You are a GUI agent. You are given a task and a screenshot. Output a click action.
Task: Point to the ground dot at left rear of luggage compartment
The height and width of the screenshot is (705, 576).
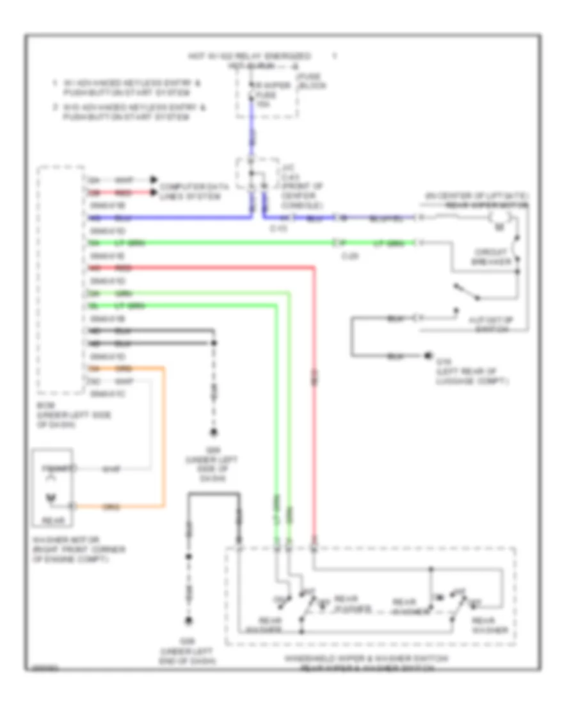point(427,355)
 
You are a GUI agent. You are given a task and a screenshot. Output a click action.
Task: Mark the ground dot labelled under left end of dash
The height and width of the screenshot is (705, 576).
point(189,620)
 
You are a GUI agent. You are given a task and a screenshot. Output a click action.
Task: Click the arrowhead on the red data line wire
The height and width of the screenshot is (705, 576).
point(154,192)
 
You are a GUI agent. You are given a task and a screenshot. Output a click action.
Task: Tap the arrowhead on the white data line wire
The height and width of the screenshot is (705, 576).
point(154,180)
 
